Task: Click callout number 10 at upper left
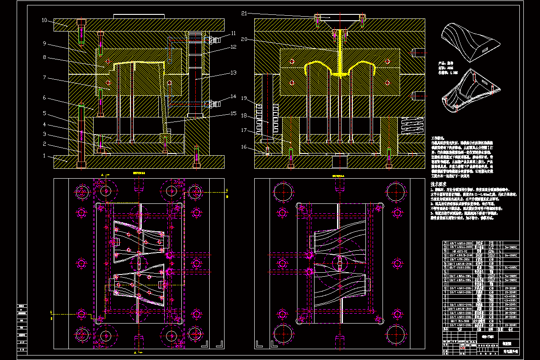click(45, 20)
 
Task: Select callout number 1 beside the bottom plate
click(45, 156)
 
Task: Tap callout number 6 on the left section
click(45, 98)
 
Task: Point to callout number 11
click(233, 33)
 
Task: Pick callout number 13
click(233, 72)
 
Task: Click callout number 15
click(233, 113)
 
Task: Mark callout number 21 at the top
click(244, 13)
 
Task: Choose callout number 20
click(244, 39)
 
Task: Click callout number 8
click(45, 57)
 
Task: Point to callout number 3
click(45, 134)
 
